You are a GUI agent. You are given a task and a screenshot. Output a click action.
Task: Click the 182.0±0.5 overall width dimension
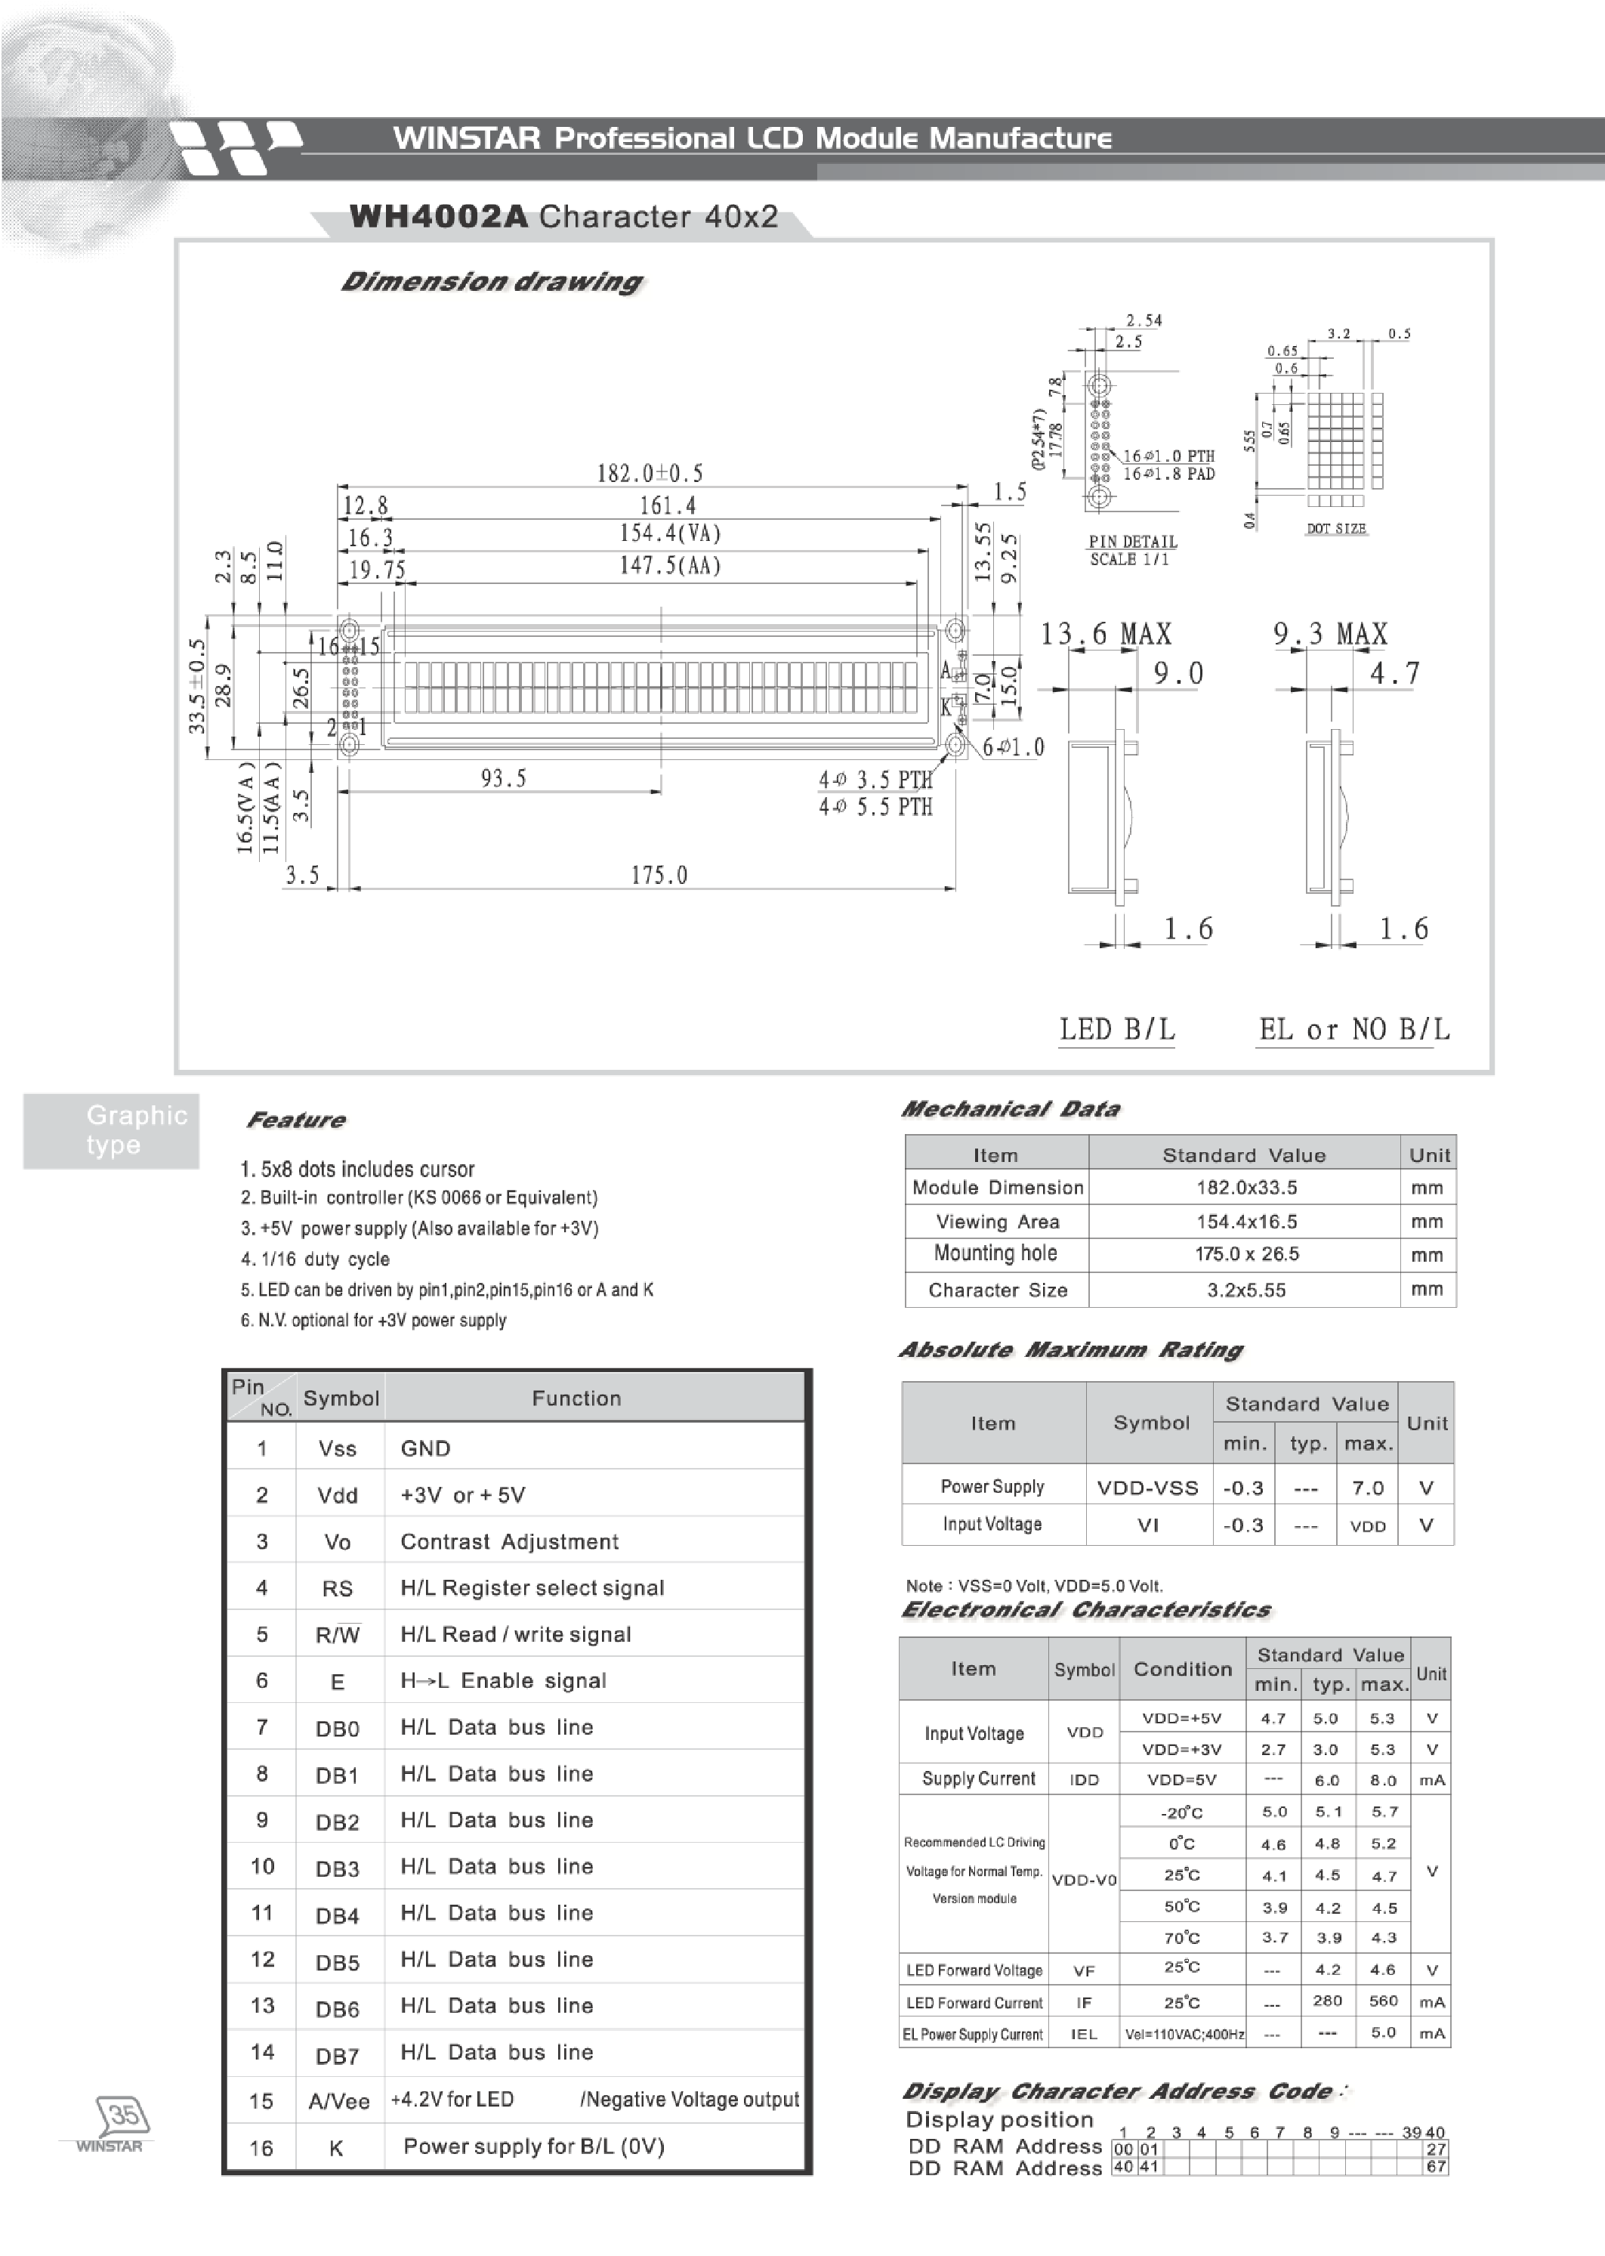(650, 474)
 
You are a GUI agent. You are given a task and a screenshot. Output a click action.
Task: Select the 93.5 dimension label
(503, 779)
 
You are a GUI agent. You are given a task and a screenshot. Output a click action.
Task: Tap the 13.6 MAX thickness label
(1105, 635)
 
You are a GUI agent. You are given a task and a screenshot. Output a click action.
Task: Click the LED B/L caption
(1117, 1030)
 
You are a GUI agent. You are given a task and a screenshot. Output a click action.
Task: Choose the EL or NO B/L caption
(1353, 1030)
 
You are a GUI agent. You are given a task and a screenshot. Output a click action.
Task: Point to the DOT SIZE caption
(1335, 529)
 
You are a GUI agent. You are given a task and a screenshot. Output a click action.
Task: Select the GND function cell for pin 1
(426, 1448)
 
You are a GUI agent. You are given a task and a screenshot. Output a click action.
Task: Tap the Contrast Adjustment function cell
(509, 1541)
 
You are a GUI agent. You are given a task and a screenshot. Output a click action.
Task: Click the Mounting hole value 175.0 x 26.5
(1246, 1254)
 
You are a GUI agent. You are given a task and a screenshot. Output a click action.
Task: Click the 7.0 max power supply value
(1367, 1488)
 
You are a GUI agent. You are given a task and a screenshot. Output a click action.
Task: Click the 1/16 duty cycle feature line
(315, 1259)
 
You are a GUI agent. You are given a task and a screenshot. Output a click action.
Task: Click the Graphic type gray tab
(112, 1130)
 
